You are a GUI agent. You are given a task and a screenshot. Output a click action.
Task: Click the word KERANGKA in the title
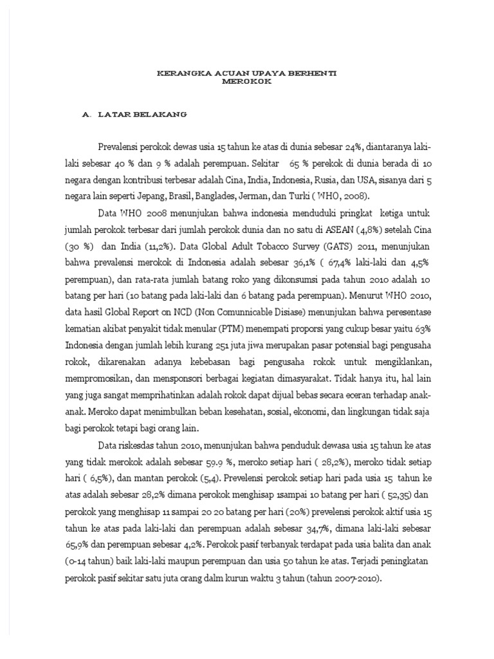(x=178, y=74)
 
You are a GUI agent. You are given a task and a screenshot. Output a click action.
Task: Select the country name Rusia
(x=328, y=180)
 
